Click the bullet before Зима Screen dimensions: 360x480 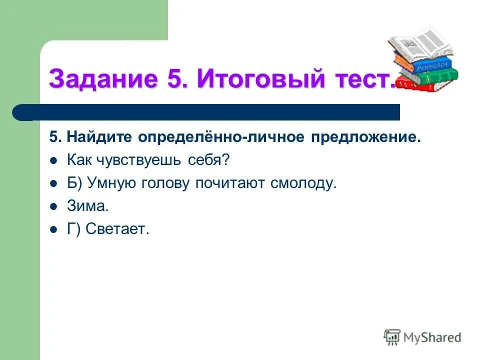[x=54, y=206]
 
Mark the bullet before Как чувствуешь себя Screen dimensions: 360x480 [x=54, y=160]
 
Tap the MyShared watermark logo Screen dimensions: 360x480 [x=422, y=337]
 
